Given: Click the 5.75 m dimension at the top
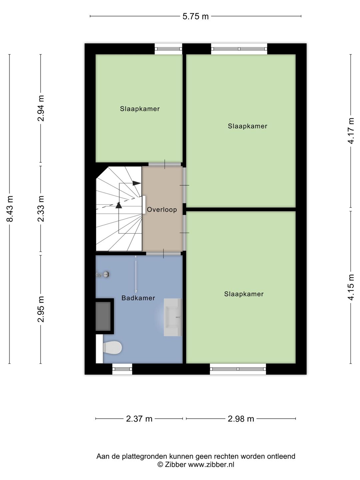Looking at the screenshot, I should pyautogui.click(x=195, y=16).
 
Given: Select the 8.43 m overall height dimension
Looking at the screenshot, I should pyautogui.click(x=10, y=209).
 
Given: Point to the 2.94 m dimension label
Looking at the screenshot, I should pyautogui.click(x=41, y=108).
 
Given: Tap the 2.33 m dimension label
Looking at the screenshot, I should pyautogui.click(x=41, y=209).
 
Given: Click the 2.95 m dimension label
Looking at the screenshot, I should pyautogui.click(x=41, y=309).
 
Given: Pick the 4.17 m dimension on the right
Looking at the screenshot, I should pyautogui.click(x=351, y=131).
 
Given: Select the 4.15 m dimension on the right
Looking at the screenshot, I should pyautogui.click(x=351, y=287).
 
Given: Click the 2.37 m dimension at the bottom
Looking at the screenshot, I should pyautogui.click(x=139, y=419).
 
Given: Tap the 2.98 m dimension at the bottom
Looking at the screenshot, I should pyautogui.click(x=241, y=419).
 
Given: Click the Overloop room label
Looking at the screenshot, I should pyautogui.click(x=162, y=210).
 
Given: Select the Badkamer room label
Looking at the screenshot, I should pyautogui.click(x=138, y=298).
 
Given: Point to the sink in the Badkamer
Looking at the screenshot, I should pyautogui.click(x=173, y=317).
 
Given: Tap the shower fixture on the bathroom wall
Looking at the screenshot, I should pyautogui.click(x=104, y=275).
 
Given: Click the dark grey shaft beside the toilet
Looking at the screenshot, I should pyautogui.click(x=103, y=316).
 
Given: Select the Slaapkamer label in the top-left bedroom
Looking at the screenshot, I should pyautogui.click(x=140, y=109).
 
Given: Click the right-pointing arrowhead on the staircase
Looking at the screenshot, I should pyautogui.click(x=137, y=183).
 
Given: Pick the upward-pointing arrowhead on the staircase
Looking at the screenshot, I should pyautogui.click(x=119, y=205).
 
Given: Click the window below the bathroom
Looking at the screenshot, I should pyautogui.click(x=122, y=369).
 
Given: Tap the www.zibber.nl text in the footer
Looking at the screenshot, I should pyautogui.click(x=211, y=465).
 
